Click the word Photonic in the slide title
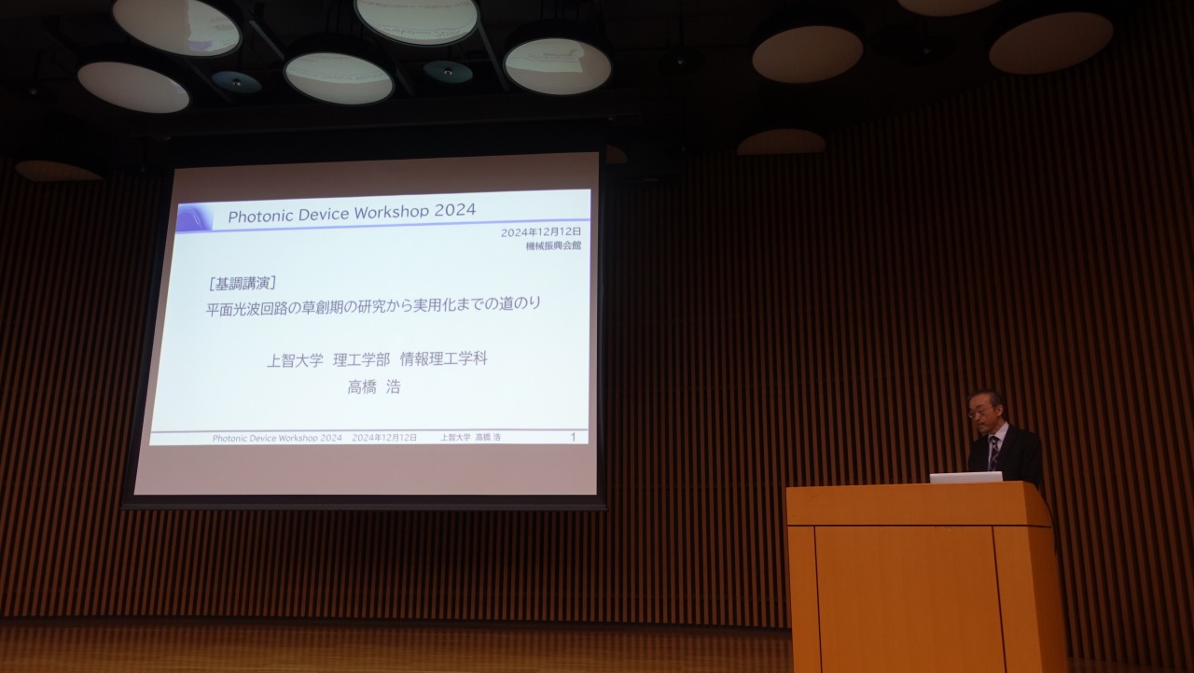(260, 216)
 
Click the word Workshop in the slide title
(391, 212)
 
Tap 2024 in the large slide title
(454, 210)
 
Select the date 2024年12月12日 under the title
(540, 232)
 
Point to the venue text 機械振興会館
(553, 245)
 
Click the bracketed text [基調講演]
(243, 284)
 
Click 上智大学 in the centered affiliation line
(295, 361)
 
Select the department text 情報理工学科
(443, 358)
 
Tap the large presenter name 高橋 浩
(374, 386)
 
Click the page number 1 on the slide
(573, 437)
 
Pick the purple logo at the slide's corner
(195, 218)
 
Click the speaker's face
(982, 411)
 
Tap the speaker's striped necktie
(993, 454)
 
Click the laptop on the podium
(965, 477)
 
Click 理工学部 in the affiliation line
(361, 360)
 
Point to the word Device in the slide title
(324, 215)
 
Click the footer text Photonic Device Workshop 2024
(277, 439)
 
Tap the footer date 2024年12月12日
(384, 438)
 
